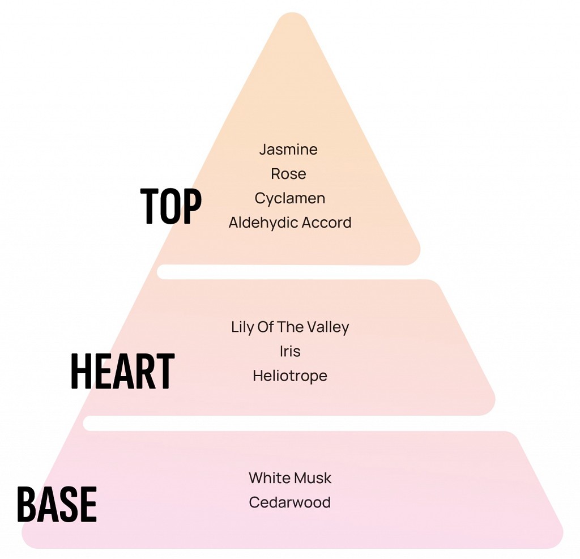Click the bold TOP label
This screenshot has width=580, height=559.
171,206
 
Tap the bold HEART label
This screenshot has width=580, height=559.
122,371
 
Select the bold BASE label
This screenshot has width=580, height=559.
57,504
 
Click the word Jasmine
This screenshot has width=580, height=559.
288,150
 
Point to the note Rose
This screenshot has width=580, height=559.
288,174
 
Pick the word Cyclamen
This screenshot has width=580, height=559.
289,198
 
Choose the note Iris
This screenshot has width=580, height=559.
290,351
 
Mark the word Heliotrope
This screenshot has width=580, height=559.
290,376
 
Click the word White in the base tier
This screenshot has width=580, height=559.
269,478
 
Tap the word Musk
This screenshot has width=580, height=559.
312,478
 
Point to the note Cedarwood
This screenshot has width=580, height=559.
289,502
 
